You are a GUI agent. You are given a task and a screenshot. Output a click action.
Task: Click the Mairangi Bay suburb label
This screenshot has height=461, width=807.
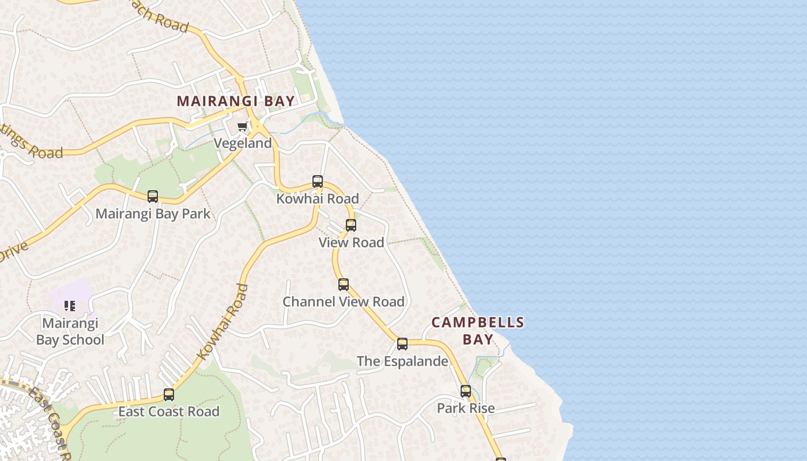click(x=236, y=101)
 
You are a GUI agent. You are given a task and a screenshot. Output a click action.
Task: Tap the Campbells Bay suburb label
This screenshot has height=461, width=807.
click(x=478, y=331)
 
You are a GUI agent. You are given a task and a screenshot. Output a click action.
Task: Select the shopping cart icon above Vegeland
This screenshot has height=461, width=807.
click(x=243, y=126)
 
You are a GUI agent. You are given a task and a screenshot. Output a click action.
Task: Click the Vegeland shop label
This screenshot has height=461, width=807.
click(x=243, y=143)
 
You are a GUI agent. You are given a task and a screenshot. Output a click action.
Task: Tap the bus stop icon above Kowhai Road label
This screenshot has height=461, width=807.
click(x=318, y=182)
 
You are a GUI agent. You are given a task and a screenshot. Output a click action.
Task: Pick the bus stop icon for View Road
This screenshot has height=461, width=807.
click(x=351, y=225)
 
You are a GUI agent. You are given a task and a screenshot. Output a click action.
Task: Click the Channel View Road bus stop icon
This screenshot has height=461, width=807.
click(x=344, y=284)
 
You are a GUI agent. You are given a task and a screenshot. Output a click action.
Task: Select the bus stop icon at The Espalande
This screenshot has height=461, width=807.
click(x=402, y=344)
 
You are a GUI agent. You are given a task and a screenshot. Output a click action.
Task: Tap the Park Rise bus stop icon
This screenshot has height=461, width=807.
click(x=466, y=391)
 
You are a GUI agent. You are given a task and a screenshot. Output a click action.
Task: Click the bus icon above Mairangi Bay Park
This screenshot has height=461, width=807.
click(x=153, y=197)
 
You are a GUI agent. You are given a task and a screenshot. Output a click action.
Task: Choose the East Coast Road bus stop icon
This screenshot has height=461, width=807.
click(x=169, y=395)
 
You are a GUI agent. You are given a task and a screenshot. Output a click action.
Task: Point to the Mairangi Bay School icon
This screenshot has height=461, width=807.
click(x=70, y=306)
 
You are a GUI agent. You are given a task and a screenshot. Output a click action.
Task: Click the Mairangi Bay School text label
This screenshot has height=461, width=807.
click(x=70, y=331)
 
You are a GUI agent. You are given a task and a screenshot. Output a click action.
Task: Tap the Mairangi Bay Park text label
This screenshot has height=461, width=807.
click(x=153, y=214)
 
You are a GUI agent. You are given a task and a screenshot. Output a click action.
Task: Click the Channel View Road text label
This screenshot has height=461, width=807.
click(x=344, y=301)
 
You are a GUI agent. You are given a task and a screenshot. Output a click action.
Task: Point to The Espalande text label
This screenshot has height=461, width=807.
click(x=402, y=361)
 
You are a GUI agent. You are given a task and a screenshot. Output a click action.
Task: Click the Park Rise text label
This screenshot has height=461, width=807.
click(x=466, y=409)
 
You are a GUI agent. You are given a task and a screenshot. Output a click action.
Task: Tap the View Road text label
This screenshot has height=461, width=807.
click(x=352, y=243)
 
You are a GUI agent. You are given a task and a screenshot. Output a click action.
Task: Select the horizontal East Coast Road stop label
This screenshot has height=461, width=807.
click(x=169, y=411)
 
